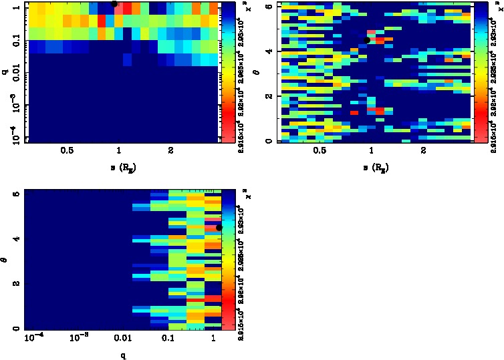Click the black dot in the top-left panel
[x=114, y=4]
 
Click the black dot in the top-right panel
[x=367, y=40]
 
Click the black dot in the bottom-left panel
[x=219, y=228]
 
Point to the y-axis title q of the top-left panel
[x=5, y=71]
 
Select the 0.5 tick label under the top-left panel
[x=66, y=152]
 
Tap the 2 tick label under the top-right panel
[x=424, y=152]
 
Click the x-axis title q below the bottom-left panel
[x=124, y=355]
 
